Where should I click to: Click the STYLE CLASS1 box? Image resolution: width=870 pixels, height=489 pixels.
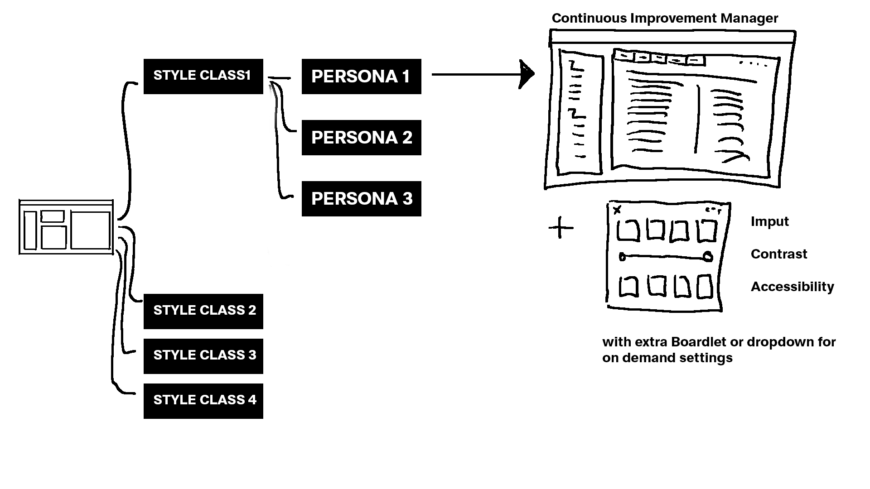coord(203,76)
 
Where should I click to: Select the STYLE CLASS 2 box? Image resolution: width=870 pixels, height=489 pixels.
coord(203,311)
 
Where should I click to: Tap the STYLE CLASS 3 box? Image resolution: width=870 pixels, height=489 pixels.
coord(203,356)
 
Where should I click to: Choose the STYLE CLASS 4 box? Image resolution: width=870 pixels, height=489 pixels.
coord(203,401)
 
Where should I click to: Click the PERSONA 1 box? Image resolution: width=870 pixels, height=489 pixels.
coord(361,76)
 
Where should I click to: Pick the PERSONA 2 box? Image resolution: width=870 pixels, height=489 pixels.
coord(361,137)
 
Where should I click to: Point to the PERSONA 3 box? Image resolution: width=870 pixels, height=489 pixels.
coord(361,198)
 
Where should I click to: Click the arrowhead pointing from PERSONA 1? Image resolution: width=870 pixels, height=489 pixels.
coord(527,74)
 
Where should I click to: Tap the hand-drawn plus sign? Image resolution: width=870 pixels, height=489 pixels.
coord(561,227)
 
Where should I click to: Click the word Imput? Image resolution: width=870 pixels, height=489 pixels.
coord(769,221)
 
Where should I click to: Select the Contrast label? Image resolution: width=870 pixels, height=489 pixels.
coord(778,254)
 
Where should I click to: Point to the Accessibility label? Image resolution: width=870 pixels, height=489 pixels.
coord(792,287)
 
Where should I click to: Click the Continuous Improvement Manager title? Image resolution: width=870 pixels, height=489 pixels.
coord(665,18)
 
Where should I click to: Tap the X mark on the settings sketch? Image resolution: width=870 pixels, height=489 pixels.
coord(617,210)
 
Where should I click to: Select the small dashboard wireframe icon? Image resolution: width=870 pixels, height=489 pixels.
coord(66,227)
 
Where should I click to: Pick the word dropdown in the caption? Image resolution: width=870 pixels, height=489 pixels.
coord(779,342)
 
